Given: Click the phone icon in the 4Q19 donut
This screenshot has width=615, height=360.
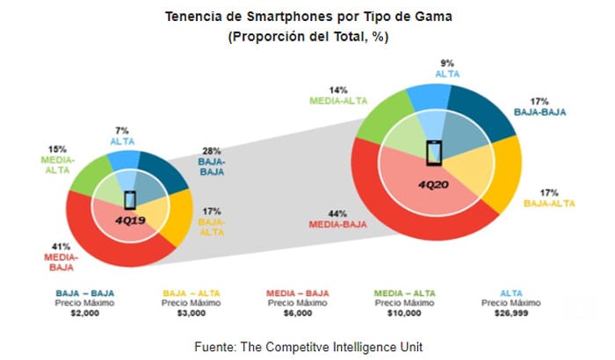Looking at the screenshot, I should [x=130, y=198].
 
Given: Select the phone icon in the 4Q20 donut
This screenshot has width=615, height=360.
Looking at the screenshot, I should [x=433, y=152].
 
